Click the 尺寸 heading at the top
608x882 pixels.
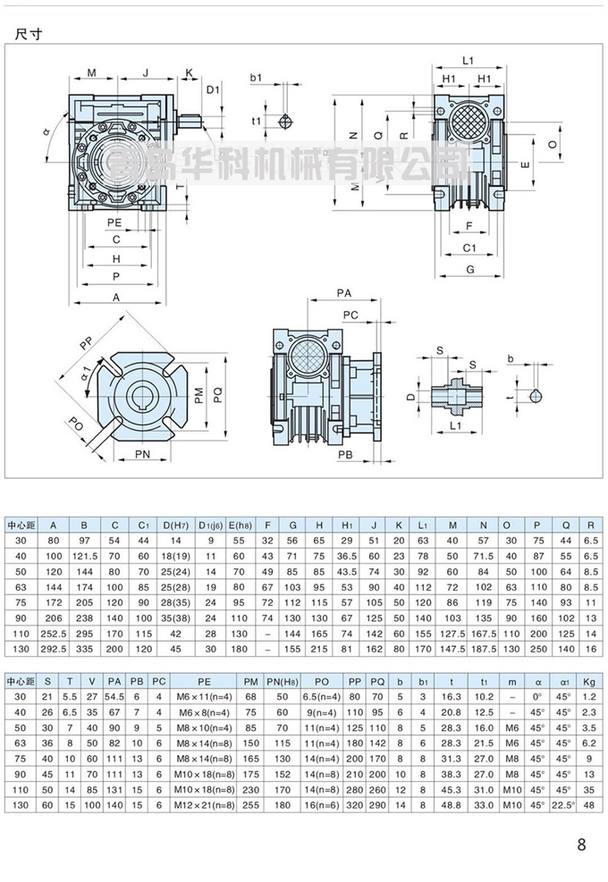tap(30, 35)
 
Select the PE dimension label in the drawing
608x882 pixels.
tap(114, 222)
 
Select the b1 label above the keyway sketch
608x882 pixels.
tap(256, 79)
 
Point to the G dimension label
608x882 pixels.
tap(469, 267)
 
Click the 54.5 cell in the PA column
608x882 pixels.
tap(114, 697)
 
